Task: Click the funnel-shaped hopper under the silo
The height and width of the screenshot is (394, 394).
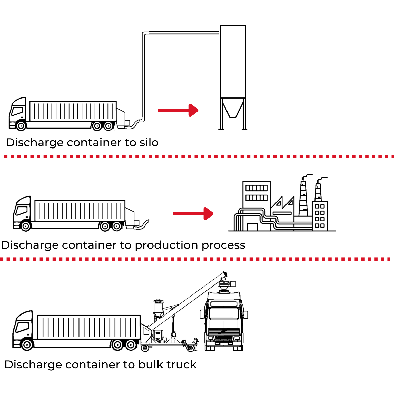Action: [233, 108]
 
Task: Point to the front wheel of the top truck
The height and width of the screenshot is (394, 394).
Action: [21, 126]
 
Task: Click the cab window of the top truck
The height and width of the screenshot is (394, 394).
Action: [17, 111]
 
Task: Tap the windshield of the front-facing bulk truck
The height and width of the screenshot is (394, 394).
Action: [224, 313]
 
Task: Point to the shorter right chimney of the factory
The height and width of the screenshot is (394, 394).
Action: [318, 192]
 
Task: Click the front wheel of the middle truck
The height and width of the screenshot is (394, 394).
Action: [26, 226]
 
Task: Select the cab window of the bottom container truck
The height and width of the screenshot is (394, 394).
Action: [22, 327]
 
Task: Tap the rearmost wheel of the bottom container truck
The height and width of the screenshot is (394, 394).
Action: [131, 345]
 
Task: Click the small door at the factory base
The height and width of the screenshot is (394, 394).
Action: [252, 227]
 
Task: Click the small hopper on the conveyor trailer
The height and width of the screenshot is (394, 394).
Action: [158, 307]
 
